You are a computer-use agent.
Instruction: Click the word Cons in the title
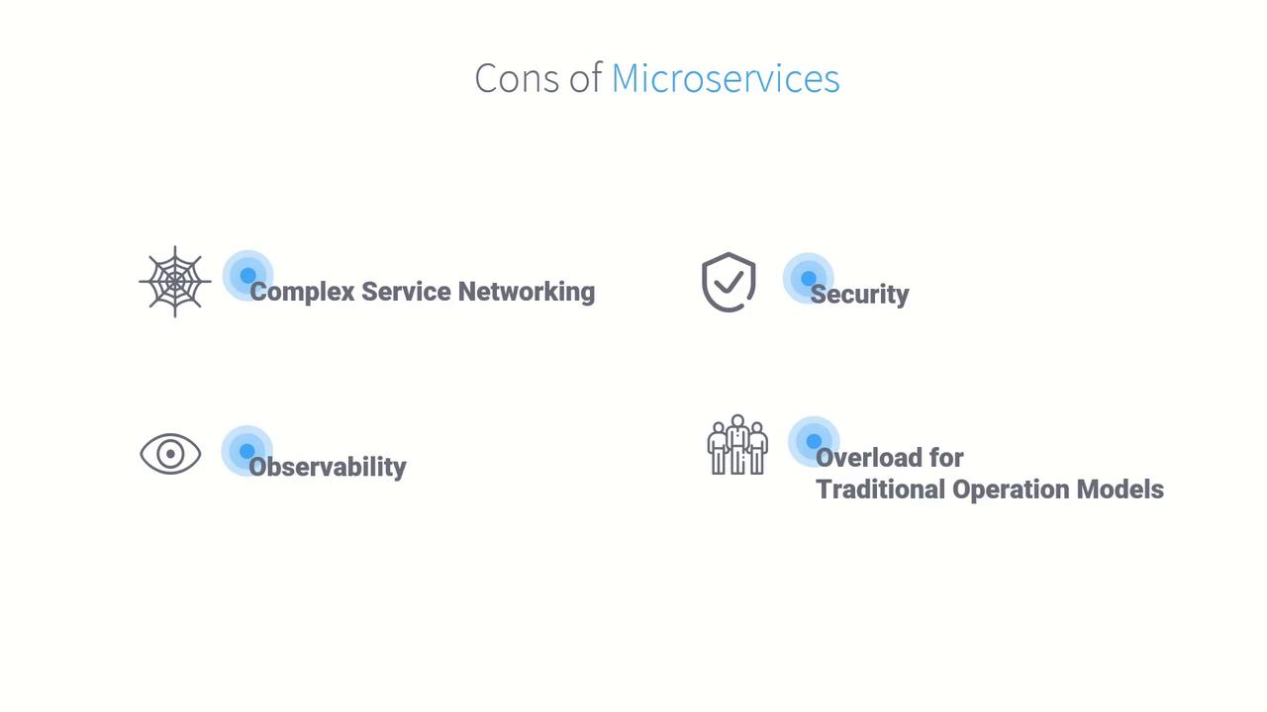click(x=517, y=78)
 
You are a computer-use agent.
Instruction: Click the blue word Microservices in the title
click(x=726, y=78)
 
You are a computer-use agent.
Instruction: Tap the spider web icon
click(x=175, y=282)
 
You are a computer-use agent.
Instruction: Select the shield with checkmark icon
click(x=729, y=282)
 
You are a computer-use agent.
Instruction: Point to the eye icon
click(x=170, y=454)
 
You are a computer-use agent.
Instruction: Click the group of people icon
click(x=737, y=445)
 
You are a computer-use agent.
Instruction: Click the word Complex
click(x=303, y=293)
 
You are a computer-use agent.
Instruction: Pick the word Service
click(x=406, y=292)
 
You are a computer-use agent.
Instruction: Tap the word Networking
click(x=526, y=293)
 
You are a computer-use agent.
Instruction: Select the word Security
click(x=860, y=295)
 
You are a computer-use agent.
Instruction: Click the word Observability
click(x=328, y=468)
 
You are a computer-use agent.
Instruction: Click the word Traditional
click(x=881, y=489)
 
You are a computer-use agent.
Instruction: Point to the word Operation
click(x=1011, y=489)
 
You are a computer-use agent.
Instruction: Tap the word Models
click(x=1120, y=489)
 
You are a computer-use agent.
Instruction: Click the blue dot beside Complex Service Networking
click(x=247, y=275)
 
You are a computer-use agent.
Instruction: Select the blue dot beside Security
click(x=809, y=278)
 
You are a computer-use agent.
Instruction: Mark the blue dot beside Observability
click(x=246, y=451)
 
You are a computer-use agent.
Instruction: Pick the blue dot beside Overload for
click(x=814, y=441)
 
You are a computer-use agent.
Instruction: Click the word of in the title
click(x=585, y=78)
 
